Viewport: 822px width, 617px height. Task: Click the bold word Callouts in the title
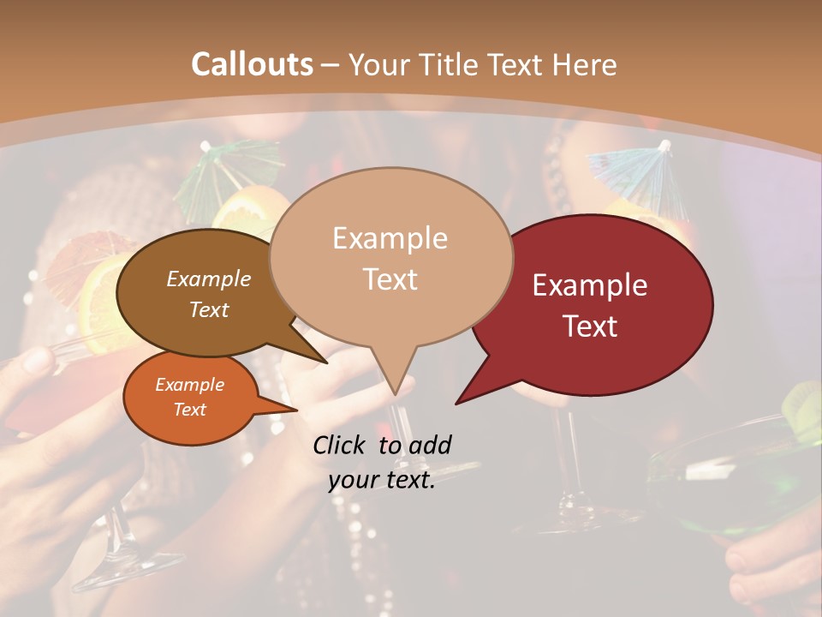[x=252, y=64]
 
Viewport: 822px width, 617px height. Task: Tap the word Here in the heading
[x=584, y=64]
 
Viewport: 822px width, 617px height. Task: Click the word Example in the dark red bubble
[x=590, y=285]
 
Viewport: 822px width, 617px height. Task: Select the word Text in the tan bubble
[x=390, y=279]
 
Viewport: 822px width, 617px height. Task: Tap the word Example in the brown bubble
[x=209, y=279]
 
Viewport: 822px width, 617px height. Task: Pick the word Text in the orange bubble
[x=190, y=410]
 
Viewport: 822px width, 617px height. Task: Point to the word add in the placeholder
[x=429, y=445]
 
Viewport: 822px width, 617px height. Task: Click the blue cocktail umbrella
[x=630, y=167]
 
